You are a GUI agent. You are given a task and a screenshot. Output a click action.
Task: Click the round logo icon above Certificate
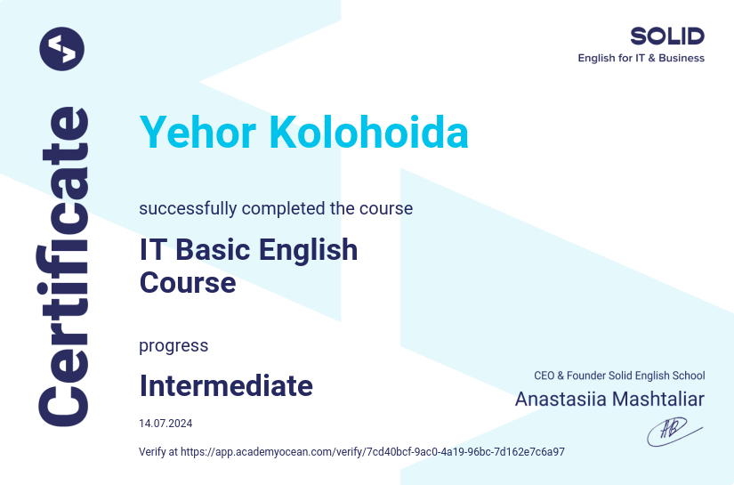(x=61, y=49)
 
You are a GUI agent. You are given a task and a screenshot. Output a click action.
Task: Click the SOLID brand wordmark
(x=666, y=36)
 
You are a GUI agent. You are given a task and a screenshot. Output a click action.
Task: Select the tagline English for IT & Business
(x=641, y=59)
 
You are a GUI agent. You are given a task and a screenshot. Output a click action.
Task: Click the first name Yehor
(x=198, y=133)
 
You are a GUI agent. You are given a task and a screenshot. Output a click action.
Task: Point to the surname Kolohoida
(x=368, y=133)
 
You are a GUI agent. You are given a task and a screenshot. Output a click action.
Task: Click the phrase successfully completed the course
(x=276, y=208)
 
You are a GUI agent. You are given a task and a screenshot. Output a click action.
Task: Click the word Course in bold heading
(x=188, y=282)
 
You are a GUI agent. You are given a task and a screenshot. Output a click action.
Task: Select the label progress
(x=173, y=345)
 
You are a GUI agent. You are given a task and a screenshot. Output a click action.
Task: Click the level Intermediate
(x=226, y=385)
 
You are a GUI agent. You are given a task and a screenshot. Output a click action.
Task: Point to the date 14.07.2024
(x=165, y=423)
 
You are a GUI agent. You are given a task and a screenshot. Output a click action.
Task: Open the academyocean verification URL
(x=373, y=452)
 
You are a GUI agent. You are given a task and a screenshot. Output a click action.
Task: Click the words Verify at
(x=158, y=452)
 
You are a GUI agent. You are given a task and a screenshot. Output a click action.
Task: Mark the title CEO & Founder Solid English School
(x=619, y=376)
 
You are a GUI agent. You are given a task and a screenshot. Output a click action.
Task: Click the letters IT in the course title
(x=151, y=249)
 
